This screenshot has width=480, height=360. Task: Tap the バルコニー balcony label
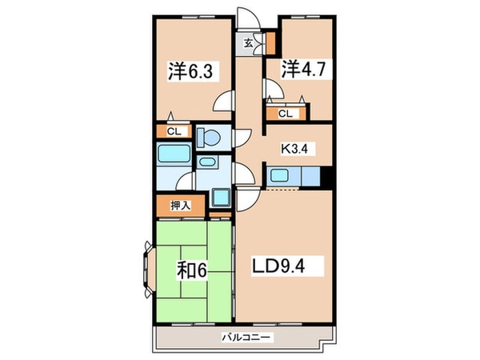[246, 337]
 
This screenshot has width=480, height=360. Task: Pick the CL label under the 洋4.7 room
[285, 114]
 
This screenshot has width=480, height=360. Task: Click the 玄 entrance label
[249, 44]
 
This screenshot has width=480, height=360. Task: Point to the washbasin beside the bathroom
[206, 162]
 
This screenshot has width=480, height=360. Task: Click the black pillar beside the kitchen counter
[326, 177]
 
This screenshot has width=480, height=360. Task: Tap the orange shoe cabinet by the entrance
[270, 40]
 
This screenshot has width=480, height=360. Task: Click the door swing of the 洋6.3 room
[225, 102]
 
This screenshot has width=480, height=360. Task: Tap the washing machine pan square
[220, 197]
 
